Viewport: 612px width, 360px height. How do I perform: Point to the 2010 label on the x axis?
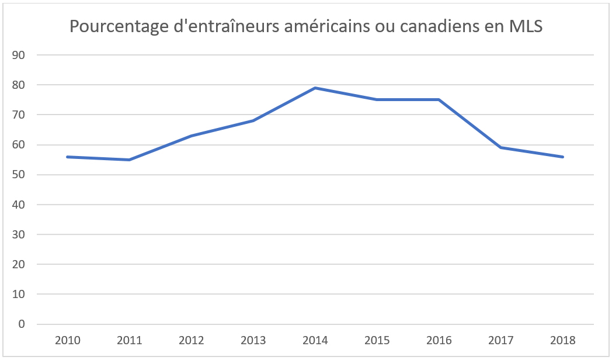(67, 340)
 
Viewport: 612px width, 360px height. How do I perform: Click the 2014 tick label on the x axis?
(315, 340)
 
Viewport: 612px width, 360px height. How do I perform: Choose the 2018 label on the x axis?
(563, 340)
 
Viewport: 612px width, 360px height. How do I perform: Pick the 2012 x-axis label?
(191, 340)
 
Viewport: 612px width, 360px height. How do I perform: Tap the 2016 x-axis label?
(439, 340)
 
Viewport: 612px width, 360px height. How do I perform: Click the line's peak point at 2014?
(315, 88)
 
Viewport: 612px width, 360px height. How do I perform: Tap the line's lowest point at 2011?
(129, 160)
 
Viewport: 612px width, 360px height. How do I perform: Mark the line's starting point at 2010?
(67, 157)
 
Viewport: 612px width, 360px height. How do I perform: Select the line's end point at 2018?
(563, 157)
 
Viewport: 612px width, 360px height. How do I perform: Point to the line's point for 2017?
(501, 147)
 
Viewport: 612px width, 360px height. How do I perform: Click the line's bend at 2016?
(439, 99)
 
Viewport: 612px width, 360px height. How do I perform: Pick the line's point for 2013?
(253, 120)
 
